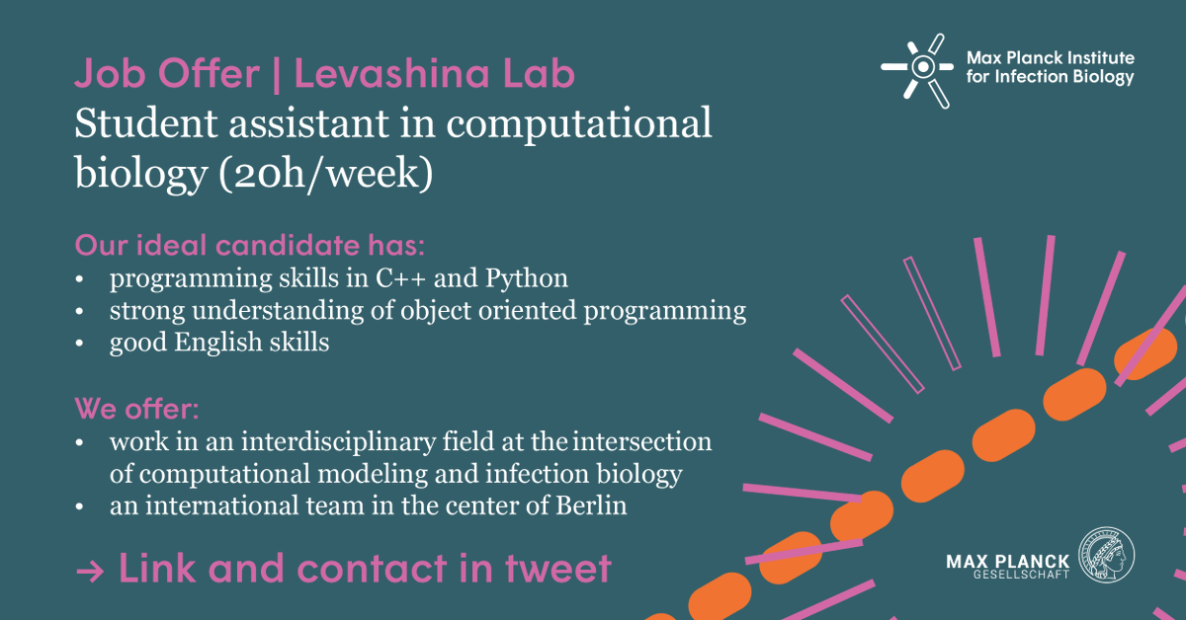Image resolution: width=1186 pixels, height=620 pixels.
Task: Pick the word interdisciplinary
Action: (x=321, y=440)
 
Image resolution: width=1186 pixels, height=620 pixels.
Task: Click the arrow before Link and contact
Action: (x=92, y=571)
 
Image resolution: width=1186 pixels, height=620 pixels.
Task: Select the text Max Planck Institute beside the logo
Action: (x=1050, y=58)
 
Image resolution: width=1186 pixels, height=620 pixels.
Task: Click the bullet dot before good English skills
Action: (x=81, y=344)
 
